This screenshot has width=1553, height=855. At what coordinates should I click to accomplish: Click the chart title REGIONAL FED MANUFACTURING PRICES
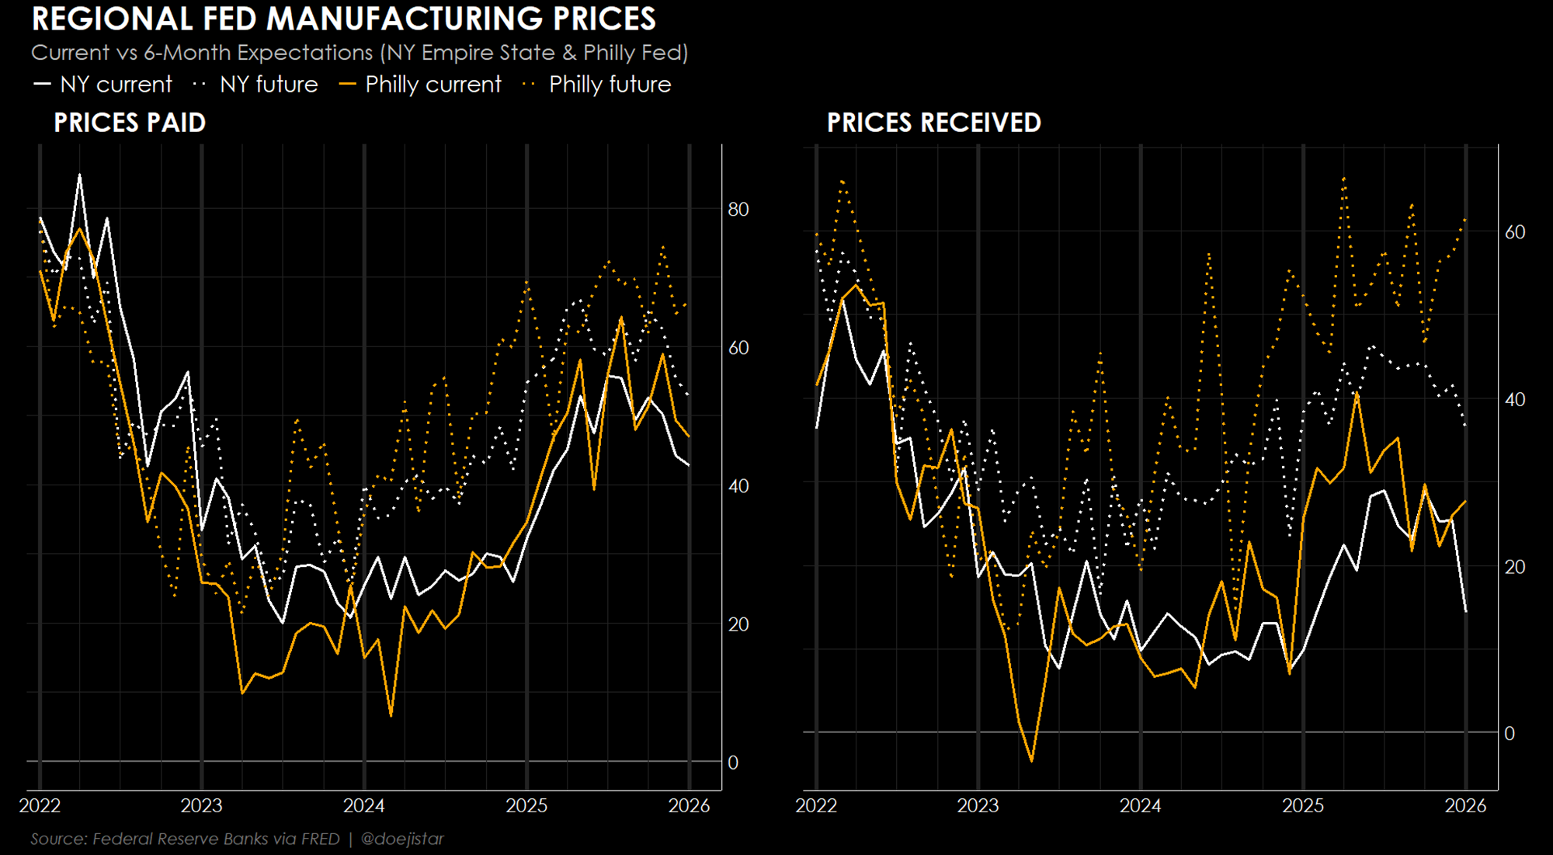click(343, 19)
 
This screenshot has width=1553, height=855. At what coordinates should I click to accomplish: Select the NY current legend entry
click(102, 84)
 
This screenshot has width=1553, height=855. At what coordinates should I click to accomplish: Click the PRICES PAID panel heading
click(130, 123)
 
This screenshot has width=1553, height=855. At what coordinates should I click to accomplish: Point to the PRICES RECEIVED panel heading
click(933, 123)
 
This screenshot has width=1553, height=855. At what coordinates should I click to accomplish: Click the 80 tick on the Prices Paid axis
click(738, 209)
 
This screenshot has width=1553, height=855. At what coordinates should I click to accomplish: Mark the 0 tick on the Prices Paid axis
click(732, 763)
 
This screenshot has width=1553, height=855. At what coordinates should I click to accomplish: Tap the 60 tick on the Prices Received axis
click(1515, 232)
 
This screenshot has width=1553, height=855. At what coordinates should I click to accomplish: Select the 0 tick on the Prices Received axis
click(1509, 733)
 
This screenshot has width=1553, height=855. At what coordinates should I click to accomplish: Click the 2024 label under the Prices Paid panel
click(363, 805)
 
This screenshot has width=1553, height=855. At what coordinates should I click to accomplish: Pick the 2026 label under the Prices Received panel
click(1465, 805)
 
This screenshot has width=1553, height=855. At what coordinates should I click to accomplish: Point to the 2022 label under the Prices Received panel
click(816, 805)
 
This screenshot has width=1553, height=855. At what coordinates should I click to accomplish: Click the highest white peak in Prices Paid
click(79, 176)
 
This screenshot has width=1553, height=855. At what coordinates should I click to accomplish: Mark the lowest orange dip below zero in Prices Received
click(1031, 760)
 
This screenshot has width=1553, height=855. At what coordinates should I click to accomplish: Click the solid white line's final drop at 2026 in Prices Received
click(1465, 610)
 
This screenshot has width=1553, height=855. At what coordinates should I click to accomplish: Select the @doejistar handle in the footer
click(402, 839)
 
